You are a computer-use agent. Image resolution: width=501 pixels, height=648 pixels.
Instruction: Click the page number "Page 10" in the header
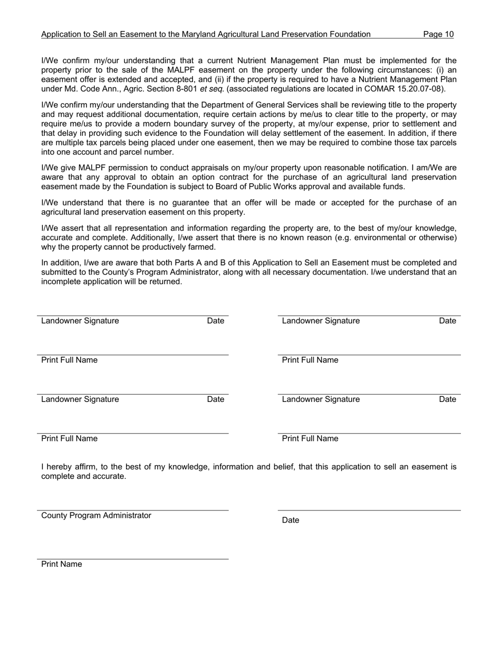click(438, 34)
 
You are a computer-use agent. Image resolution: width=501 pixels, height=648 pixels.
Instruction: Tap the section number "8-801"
click(187, 89)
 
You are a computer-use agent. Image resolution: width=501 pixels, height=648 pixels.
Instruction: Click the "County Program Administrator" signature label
click(96, 515)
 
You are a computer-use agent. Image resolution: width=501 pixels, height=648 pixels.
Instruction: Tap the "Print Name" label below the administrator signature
click(62, 564)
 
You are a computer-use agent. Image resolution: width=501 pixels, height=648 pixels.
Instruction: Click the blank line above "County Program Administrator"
click(133, 509)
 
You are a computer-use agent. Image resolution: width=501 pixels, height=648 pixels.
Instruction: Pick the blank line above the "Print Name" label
click(133, 558)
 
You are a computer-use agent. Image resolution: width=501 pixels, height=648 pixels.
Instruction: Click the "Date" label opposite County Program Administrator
click(291, 520)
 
